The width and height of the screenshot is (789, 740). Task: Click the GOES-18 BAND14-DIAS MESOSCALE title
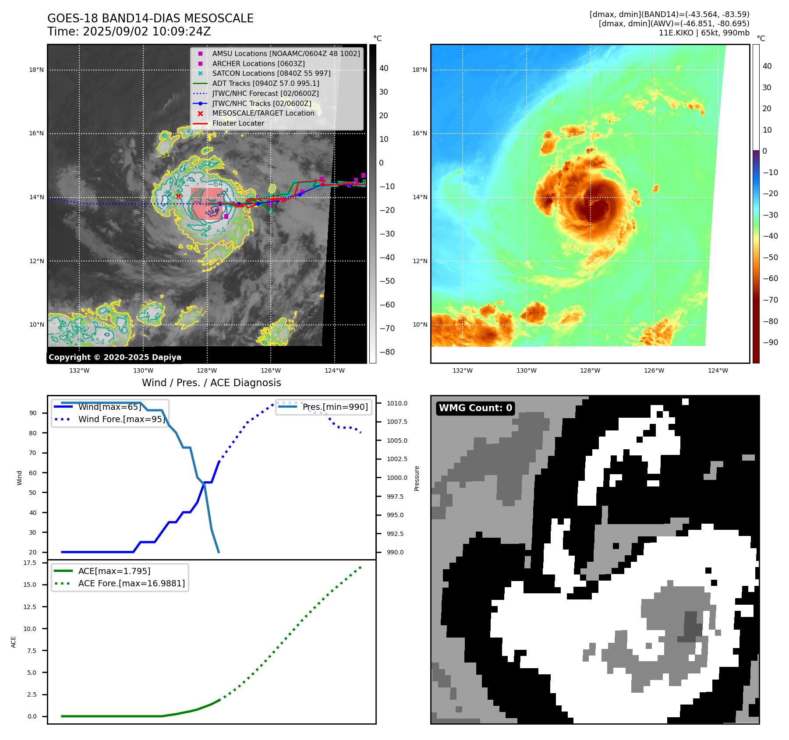pyautogui.click(x=150, y=18)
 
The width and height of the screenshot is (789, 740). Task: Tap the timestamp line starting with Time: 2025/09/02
pyautogui.click(x=129, y=32)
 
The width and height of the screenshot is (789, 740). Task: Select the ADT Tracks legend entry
pyautogui.click(x=265, y=83)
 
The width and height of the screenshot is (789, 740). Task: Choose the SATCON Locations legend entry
pyautogui.click(x=271, y=73)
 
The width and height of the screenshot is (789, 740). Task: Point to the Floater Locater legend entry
pyautogui.click(x=238, y=123)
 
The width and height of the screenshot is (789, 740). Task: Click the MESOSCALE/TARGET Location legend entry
pyautogui.click(x=263, y=113)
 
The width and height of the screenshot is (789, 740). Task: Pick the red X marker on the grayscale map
pyautogui.click(x=178, y=196)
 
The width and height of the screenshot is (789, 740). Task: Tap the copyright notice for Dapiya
pyautogui.click(x=115, y=357)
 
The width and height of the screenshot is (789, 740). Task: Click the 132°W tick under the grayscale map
pyautogui.click(x=79, y=370)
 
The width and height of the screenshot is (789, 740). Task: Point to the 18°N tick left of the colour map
pyautogui.click(x=419, y=70)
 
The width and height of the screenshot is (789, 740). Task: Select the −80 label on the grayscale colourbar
pyautogui.click(x=387, y=352)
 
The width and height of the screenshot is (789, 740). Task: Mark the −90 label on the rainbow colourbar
pyautogui.click(x=770, y=342)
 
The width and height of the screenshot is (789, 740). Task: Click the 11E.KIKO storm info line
pyautogui.click(x=704, y=33)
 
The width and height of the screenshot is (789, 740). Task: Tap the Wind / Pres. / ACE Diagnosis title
pyautogui.click(x=211, y=383)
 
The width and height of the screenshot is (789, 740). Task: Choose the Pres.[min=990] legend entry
pyautogui.click(x=335, y=407)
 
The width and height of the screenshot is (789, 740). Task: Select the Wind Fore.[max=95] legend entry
pyautogui.click(x=121, y=419)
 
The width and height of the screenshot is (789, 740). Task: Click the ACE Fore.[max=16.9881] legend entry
pyautogui.click(x=131, y=583)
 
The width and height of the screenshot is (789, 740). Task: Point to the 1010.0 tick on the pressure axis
pyautogui.click(x=397, y=403)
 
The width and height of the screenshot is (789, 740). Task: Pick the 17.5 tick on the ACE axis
pyautogui.click(x=30, y=563)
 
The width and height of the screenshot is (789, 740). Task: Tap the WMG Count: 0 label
pyautogui.click(x=475, y=408)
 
